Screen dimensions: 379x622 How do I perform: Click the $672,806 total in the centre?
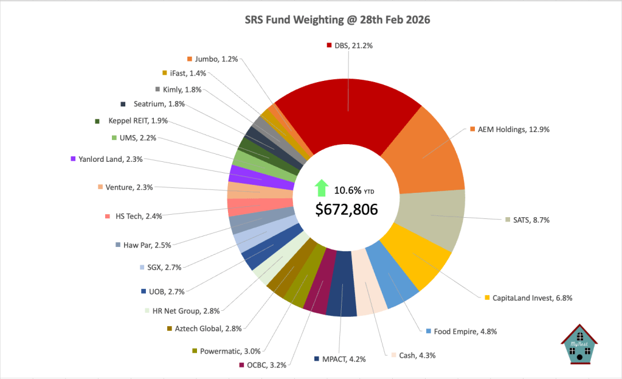click(347, 209)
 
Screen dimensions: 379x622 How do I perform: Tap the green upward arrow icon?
click(320, 188)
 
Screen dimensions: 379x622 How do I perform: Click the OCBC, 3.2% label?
click(266, 365)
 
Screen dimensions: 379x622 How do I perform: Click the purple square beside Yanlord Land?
click(73, 159)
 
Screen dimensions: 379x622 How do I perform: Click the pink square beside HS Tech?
click(107, 215)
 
